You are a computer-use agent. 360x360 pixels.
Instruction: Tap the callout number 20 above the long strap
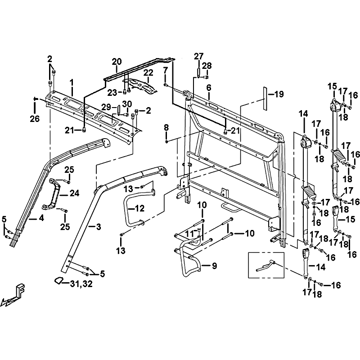(117, 61)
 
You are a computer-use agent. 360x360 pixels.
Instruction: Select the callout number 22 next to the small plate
(148, 72)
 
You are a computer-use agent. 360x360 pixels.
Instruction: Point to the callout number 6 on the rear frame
(209, 87)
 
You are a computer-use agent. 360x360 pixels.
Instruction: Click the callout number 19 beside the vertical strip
(279, 94)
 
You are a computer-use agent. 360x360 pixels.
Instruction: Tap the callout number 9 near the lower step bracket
(214, 266)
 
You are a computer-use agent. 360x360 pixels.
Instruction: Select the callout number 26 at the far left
(35, 119)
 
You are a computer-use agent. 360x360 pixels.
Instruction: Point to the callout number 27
(198, 56)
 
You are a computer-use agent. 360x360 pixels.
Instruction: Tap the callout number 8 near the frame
(166, 128)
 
